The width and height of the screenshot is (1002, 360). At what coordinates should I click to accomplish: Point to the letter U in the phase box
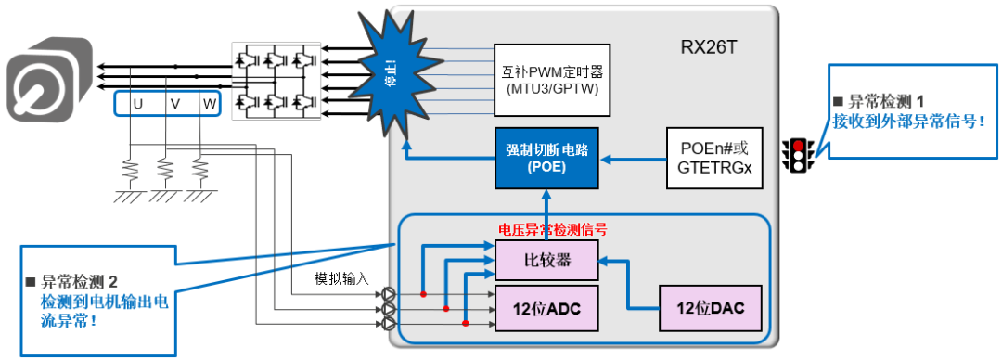[137, 104]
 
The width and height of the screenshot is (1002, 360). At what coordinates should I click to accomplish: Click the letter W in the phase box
[209, 104]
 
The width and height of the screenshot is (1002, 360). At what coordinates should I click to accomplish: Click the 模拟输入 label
[342, 278]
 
